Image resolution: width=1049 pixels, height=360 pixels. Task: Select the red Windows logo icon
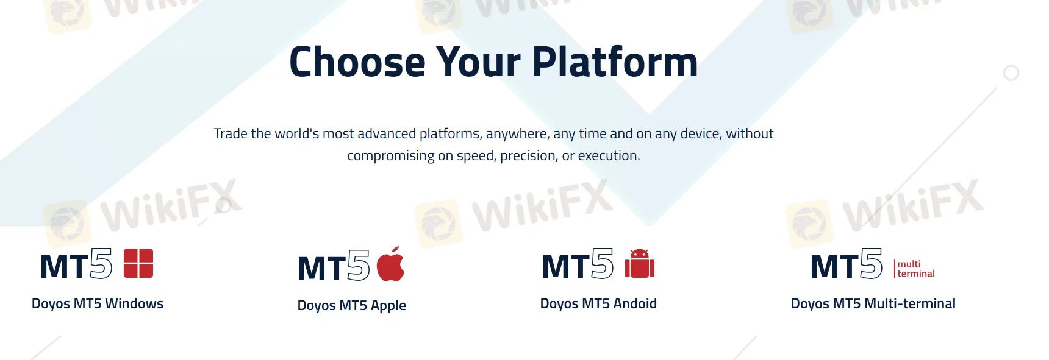[x=138, y=263]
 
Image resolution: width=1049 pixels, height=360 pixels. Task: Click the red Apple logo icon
[x=390, y=264]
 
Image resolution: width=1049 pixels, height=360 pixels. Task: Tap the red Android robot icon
[x=640, y=263]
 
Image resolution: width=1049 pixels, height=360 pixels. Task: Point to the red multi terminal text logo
[x=915, y=269]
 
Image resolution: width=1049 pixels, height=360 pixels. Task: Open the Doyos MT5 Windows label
[x=98, y=303]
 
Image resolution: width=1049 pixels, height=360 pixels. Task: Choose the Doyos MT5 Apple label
[x=352, y=305]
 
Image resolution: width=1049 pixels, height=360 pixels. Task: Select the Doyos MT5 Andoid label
[x=598, y=303]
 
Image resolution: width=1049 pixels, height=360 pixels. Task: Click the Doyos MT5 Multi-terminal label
[x=873, y=303]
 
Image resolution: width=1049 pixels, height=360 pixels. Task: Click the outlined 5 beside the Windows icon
[x=101, y=263]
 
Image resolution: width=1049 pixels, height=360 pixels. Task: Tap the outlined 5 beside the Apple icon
[x=359, y=265]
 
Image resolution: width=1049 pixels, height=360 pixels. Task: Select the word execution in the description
[x=609, y=156]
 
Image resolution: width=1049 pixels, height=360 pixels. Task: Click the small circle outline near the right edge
[x=1011, y=73]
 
